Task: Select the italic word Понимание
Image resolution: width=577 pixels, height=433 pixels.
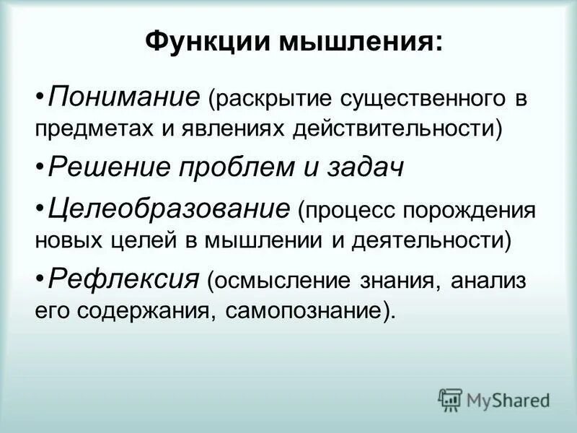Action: pos(123,95)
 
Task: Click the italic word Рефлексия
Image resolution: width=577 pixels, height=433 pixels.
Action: pos(123,278)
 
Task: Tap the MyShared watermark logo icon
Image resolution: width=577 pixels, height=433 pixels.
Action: pos(451,399)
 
